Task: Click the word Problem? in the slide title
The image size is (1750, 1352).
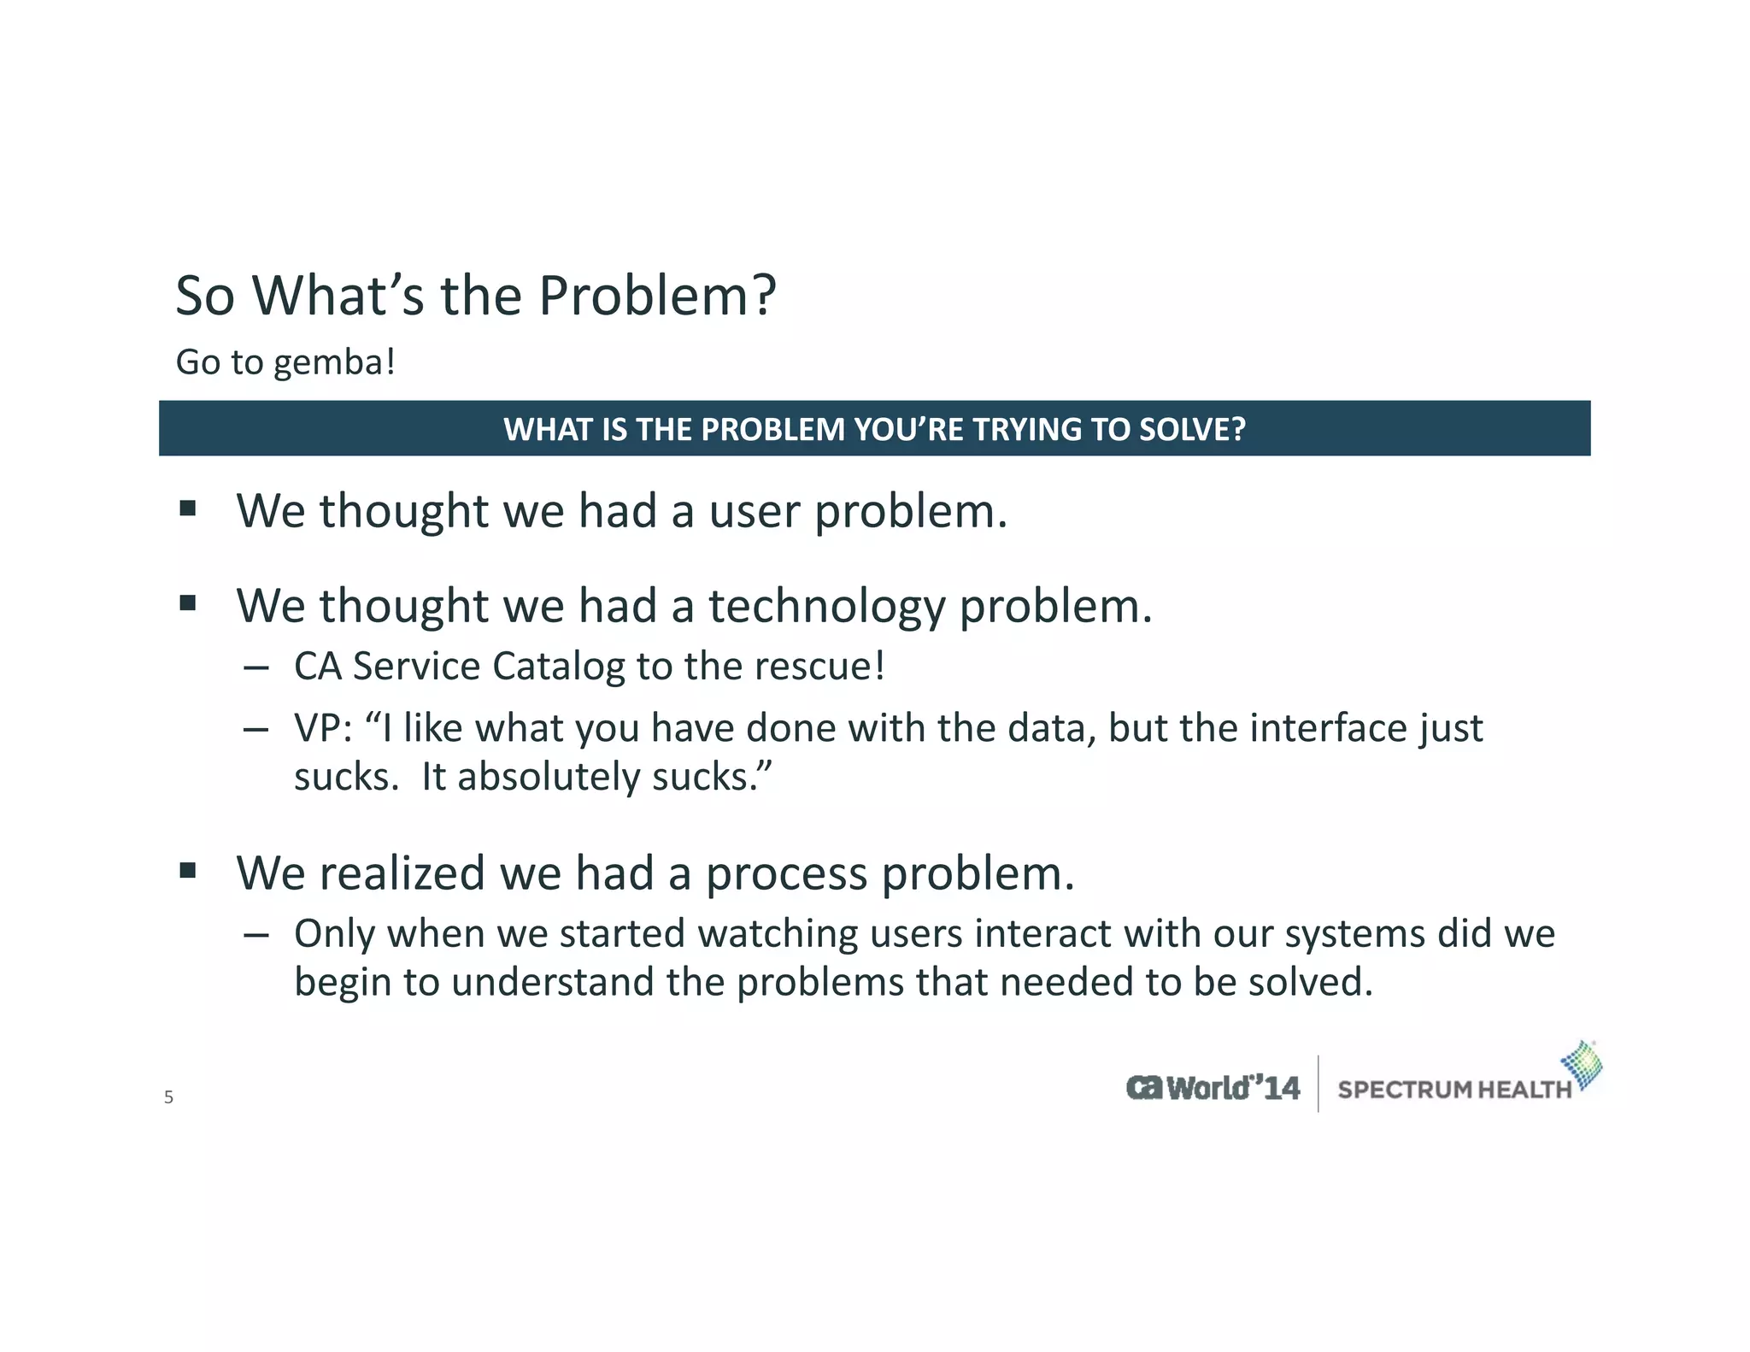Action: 657,296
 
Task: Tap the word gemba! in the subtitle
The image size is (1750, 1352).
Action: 334,362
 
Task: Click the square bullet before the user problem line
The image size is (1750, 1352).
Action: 188,509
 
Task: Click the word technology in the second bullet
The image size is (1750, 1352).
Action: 826,607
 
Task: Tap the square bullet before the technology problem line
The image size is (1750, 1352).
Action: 188,604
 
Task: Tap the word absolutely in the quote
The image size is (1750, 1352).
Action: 549,778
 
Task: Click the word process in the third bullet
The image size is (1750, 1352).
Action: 786,874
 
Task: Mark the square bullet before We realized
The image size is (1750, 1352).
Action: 188,872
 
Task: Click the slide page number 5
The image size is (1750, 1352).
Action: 168,1097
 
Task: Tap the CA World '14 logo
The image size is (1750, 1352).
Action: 1213,1088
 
